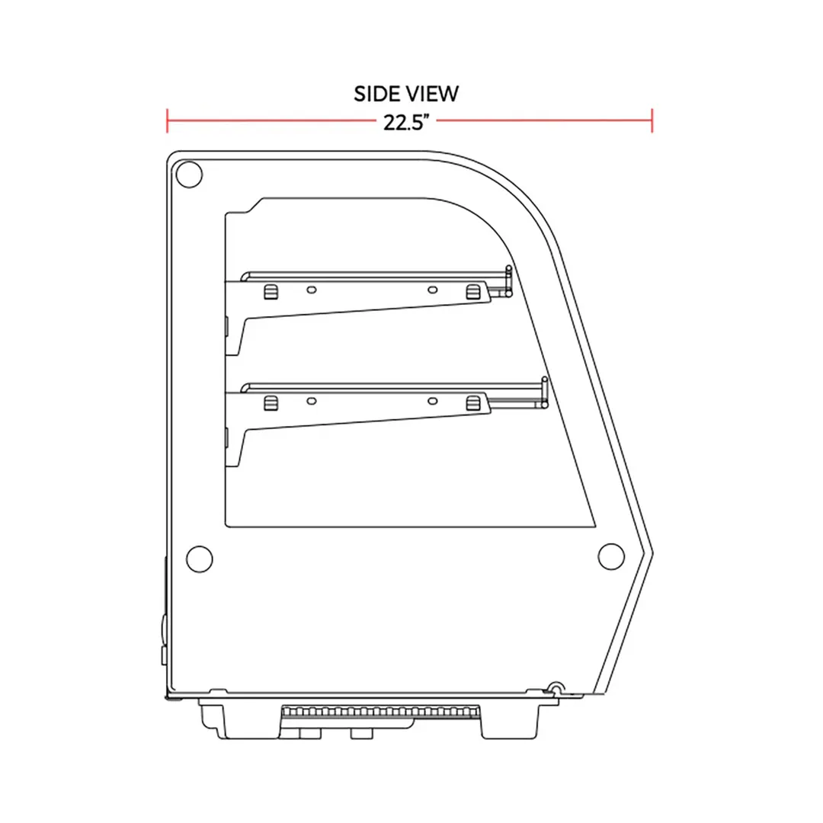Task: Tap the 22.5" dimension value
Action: [407, 122]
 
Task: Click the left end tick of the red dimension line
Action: [167, 120]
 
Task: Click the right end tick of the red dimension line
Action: [652, 120]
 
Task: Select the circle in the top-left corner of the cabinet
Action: [189, 175]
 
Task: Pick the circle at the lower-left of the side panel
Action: [200, 559]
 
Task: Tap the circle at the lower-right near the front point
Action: [611, 556]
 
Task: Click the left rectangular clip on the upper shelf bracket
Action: [271, 293]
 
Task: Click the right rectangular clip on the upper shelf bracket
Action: [473, 292]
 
